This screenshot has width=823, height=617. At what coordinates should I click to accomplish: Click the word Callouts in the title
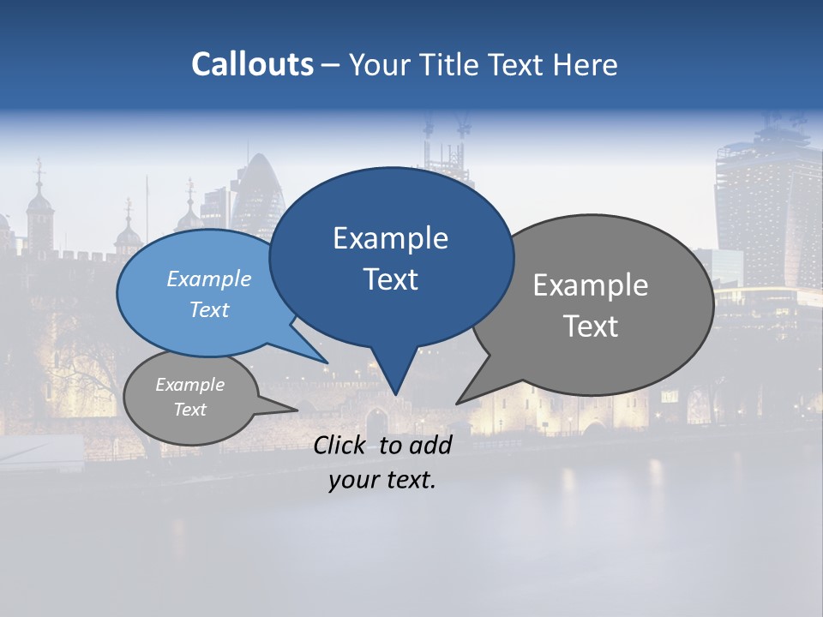[x=252, y=64]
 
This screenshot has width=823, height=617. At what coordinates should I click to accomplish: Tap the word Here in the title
[x=585, y=64]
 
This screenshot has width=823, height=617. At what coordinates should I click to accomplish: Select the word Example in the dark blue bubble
[x=390, y=238]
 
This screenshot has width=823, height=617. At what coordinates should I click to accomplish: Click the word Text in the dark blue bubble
[x=390, y=279]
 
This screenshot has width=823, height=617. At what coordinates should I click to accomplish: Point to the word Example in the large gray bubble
[x=591, y=285]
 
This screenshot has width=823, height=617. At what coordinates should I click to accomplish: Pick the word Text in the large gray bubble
[x=591, y=326]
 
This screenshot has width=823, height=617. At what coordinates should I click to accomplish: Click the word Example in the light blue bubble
[x=209, y=279]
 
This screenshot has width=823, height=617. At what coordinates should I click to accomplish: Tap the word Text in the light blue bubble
[x=209, y=309]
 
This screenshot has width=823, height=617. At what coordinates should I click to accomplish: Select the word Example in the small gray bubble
[x=189, y=385]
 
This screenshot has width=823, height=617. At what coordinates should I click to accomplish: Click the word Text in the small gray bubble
[x=189, y=410]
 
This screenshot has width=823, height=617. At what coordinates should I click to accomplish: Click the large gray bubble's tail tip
[x=458, y=403]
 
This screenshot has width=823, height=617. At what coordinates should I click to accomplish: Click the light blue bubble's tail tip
[x=327, y=362]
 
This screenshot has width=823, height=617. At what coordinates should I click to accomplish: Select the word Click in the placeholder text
[x=341, y=445]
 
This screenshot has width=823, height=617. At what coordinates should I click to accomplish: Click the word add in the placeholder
[x=430, y=445]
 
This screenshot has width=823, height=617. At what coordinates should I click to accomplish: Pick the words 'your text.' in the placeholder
[x=382, y=480]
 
